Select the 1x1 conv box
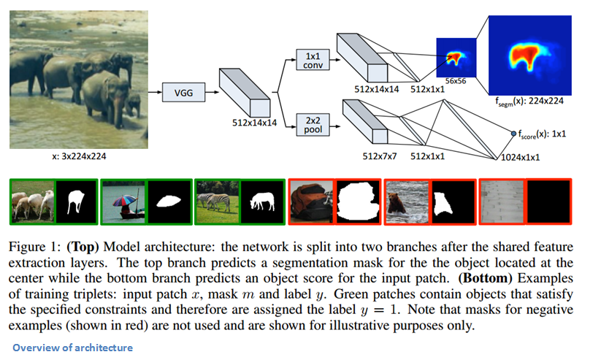[312, 61]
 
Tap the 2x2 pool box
[312, 125]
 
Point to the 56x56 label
[455, 81]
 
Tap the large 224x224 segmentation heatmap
[529, 55]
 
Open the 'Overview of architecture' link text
[72, 348]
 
